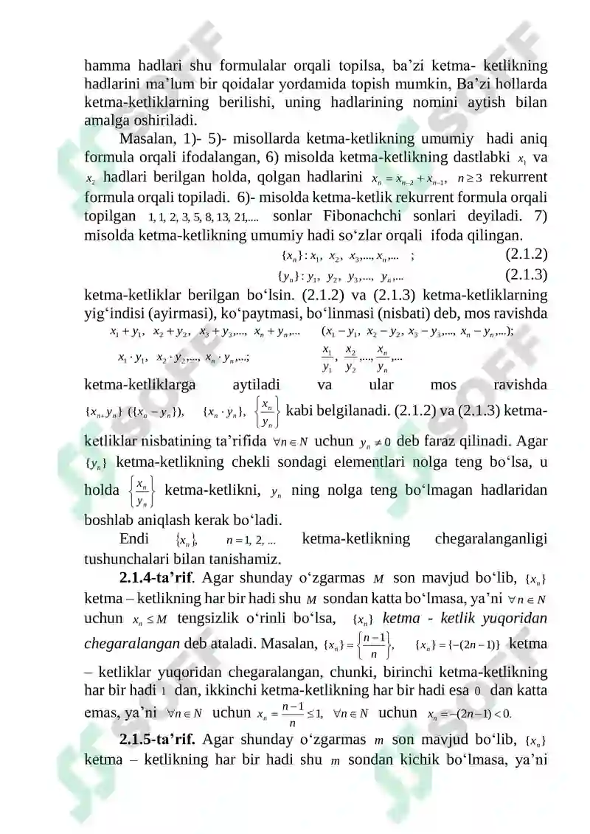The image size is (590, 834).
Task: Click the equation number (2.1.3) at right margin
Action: point(526,276)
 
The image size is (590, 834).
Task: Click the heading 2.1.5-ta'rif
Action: point(156,740)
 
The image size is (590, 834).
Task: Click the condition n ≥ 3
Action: point(469,178)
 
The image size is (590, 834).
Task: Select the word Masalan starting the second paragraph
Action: point(145,138)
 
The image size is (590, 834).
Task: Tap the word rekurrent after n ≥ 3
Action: point(518,178)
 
